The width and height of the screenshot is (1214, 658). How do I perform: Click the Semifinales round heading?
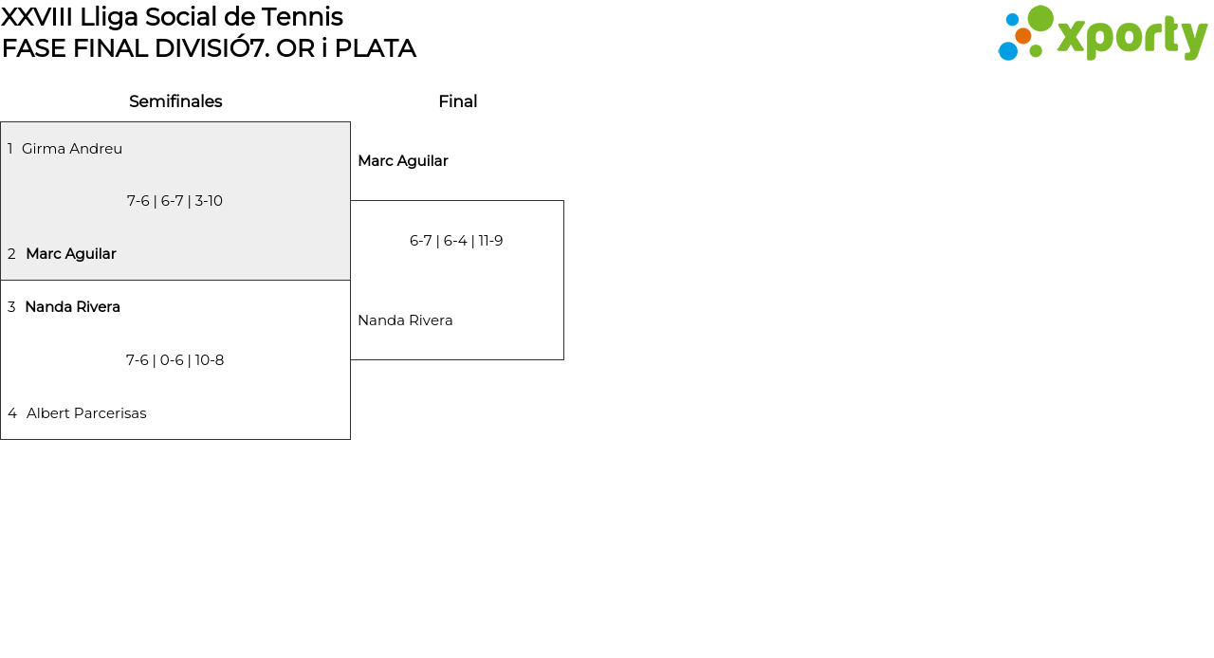coord(175,101)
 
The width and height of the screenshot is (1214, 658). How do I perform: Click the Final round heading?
coord(457,101)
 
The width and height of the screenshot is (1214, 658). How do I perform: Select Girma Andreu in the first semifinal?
coord(72,149)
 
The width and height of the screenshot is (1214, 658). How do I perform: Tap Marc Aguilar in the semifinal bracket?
coord(71,254)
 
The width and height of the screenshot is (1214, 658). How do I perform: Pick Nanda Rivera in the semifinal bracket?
coord(72,307)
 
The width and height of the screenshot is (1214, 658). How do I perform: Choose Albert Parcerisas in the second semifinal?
coord(86,413)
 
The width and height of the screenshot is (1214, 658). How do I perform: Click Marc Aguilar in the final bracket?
coord(402,161)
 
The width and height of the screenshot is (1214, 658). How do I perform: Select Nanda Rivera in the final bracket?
coord(405,320)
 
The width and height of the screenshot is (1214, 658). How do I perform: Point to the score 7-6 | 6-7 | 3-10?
coord(175,201)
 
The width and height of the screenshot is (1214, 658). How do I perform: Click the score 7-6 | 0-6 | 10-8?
coord(175,360)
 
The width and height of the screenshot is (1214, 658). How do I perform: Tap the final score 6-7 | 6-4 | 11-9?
coord(456,241)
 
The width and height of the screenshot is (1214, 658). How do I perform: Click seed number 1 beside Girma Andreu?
coord(10,149)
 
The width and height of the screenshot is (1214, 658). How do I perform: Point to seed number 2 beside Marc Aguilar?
coord(11,254)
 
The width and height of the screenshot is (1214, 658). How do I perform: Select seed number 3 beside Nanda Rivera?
coord(11,307)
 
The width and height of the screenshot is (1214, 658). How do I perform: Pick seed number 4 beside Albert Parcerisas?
coord(12,413)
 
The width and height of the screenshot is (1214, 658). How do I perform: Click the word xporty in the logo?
coord(1131,38)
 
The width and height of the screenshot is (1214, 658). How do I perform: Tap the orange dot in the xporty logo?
coord(1022,36)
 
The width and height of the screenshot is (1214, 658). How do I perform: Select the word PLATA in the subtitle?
coord(375,48)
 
